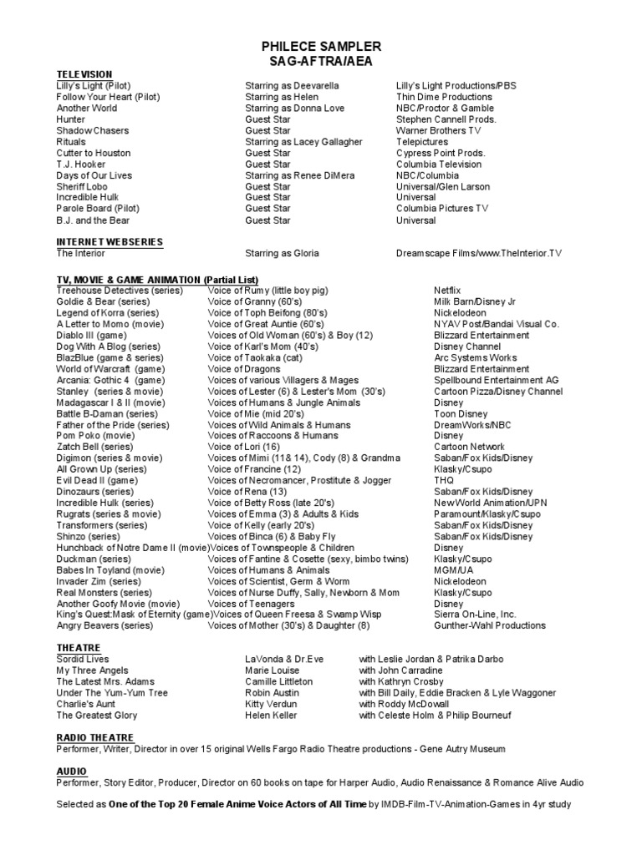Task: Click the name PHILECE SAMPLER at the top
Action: [x=321, y=47]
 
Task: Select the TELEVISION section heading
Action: [x=84, y=74]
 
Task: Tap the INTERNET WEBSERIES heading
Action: [x=110, y=241]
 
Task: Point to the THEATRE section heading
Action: [x=79, y=647]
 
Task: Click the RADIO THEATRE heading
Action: [x=95, y=737]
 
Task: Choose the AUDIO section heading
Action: [x=72, y=771]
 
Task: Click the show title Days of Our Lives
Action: [x=94, y=175]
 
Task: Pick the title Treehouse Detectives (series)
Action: [x=115, y=290]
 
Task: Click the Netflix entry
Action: [x=447, y=290]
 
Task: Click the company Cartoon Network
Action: [x=469, y=447]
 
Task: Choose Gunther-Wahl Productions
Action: [x=489, y=625]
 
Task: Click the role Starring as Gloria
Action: [x=282, y=253]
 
